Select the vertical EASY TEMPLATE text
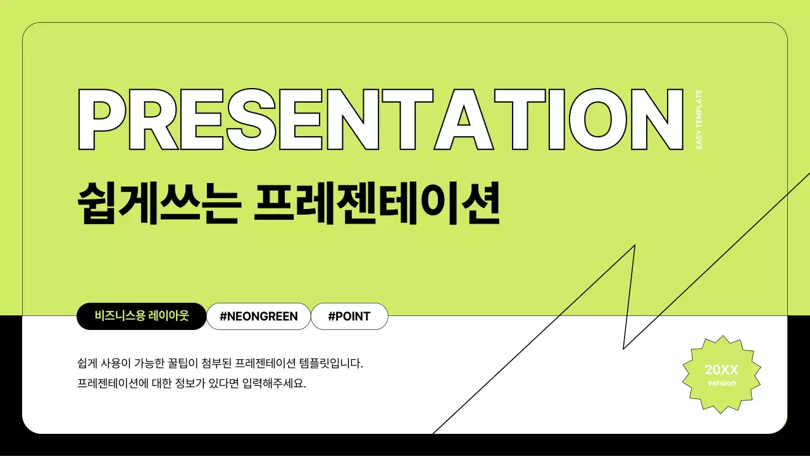coord(699,120)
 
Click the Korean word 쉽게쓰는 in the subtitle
coord(158,203)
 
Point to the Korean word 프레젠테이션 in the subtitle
coord(377,203)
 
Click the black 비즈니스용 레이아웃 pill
coord(142,316)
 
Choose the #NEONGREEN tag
coord(259,316)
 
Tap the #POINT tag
coord(349,316)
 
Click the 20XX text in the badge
coord(721,370)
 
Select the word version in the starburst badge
coord(721,383)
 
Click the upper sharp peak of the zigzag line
coord(634,246)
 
